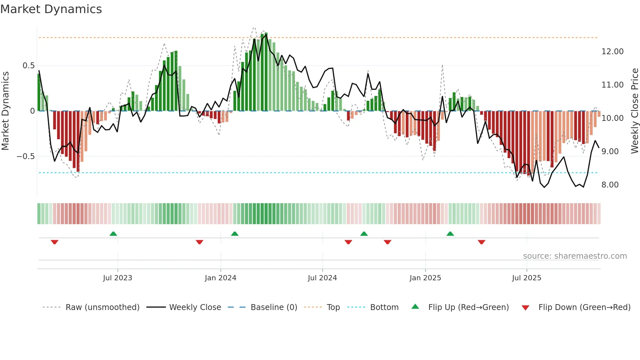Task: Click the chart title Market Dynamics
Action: (x=51, y=9)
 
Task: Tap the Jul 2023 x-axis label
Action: (x=118, y=278)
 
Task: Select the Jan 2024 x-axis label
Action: (x=220, y=278)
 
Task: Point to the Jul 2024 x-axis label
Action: (x=322, y=278)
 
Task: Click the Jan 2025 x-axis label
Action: (x=425, y=278)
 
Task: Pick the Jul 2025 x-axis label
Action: (x=526, y=278)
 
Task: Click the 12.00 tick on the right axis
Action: (x=612, y=52)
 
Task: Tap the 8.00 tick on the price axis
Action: (x=610, y=185)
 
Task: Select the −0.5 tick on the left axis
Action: (x=25, y=156)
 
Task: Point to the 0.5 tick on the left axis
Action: (x=28, y=66)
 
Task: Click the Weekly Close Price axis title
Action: (x=634, y=111)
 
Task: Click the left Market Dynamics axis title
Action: (x=5, y=111)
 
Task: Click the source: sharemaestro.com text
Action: (x=575, y=256)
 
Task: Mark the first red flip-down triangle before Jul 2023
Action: (x=55, y=242)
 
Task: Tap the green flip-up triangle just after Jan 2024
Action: (x=234, y=234)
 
